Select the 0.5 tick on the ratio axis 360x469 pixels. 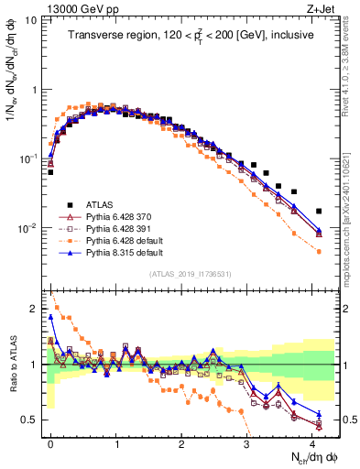29,420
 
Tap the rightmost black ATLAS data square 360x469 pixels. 319,211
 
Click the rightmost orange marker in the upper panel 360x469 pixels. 319,251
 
